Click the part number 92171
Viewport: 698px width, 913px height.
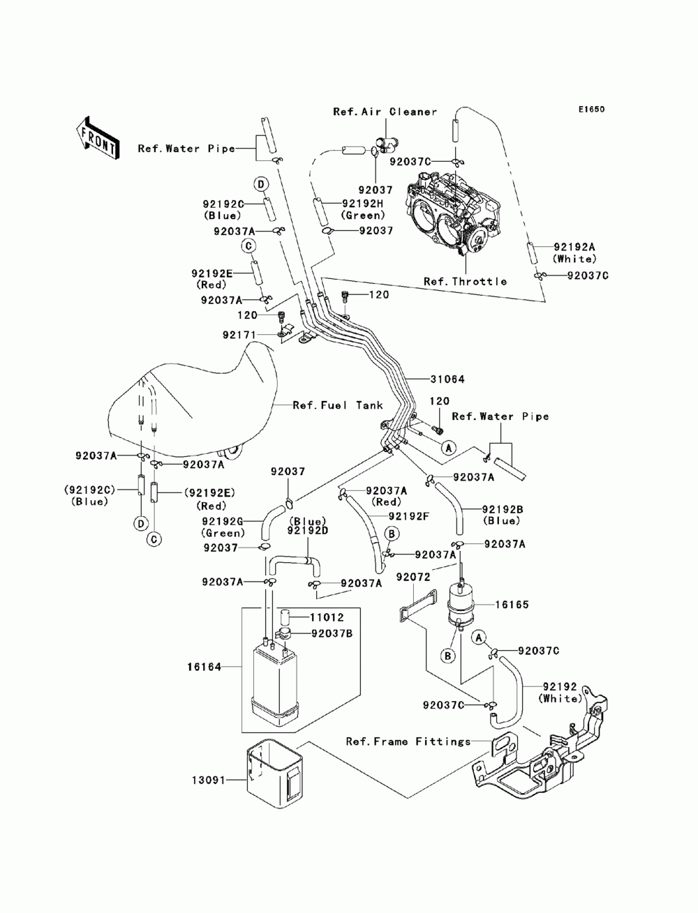coord(239,335)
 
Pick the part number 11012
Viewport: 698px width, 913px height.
coord(328,617)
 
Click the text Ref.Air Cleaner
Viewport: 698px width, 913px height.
coord(385,112)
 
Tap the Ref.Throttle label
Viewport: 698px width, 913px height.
coord(465,282)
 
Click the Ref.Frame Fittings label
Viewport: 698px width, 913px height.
coord(408,741)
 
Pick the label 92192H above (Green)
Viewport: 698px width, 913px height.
coord(363,204)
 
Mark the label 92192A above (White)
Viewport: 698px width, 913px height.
coord(575,247)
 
